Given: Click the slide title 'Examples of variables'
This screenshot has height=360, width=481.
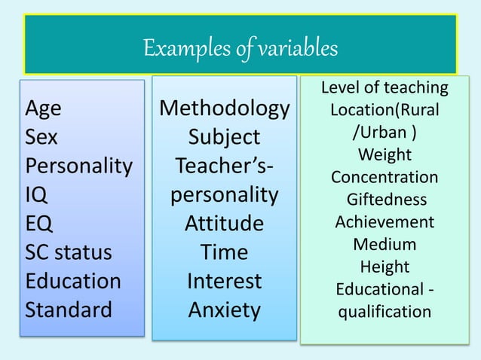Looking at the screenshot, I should coord(240,49).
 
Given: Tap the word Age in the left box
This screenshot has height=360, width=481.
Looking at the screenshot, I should coord(44,109).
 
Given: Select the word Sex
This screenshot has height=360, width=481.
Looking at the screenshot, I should coord(42,138).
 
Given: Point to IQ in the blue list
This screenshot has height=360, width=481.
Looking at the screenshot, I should coord(37,195).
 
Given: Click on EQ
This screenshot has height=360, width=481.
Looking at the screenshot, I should coord(39,224).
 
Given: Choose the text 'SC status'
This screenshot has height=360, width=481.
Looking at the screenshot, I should coord(69,252).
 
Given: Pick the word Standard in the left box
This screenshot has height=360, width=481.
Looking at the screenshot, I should coord(69,310).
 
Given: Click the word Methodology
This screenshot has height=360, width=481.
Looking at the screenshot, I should coord(224,109).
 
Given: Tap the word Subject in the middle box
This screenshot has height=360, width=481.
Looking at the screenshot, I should coord(224,138).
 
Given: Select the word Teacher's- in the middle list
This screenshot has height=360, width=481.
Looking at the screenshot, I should coord(224,166).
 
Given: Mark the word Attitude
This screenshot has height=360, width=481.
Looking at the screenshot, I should coord(224,224).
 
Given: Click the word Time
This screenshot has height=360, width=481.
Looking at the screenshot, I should coord(224,252).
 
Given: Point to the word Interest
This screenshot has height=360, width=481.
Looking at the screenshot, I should coord(224,281).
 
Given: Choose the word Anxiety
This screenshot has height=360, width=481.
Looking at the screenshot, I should coord(224,310).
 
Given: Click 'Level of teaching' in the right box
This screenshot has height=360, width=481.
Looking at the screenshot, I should coord(384,88).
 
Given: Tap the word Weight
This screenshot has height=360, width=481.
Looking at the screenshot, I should coord(384,155).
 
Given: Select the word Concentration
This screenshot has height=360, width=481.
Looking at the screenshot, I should coord(384,178).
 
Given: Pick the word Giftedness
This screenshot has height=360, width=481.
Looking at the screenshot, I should coord(386,200).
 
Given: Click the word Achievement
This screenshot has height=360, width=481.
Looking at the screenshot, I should coord(384,222).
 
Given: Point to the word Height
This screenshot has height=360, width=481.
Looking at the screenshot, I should coord(384,267).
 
